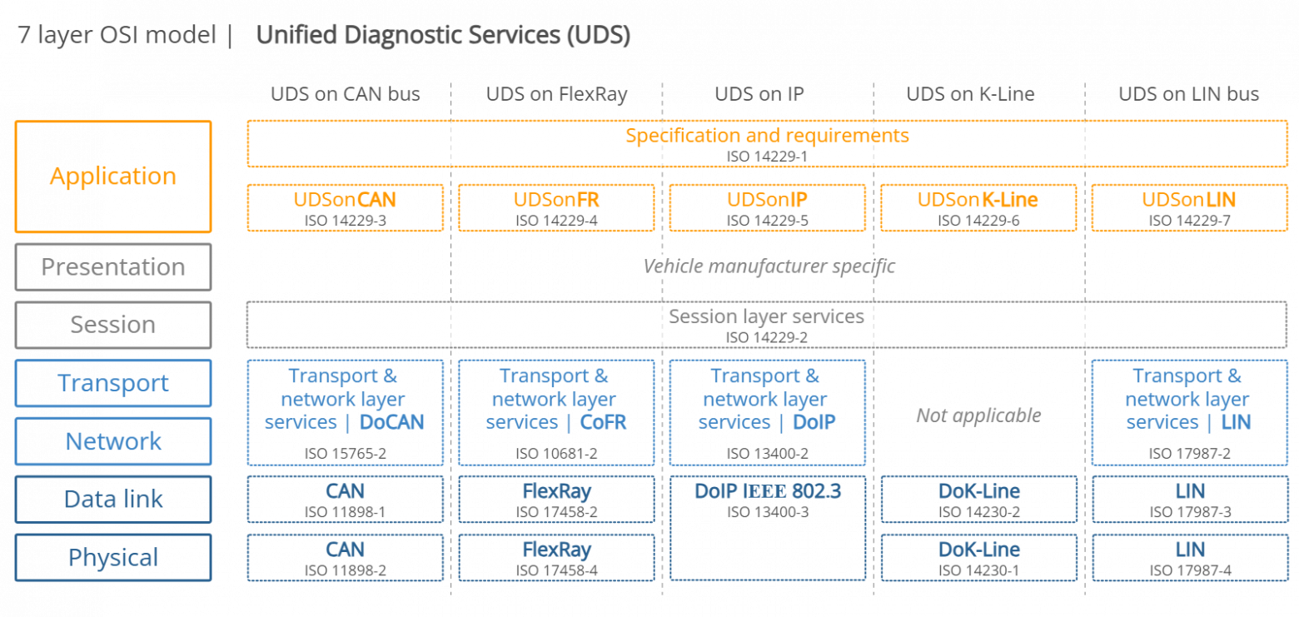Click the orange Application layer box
click(113, 177)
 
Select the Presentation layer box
click(113, 267)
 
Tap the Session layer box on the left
click(113, 325)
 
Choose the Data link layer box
click(113, 500)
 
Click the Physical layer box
click(113, 558)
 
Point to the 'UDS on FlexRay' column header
click(556, 94)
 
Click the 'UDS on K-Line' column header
click(970, 94)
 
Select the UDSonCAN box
click(345, 208)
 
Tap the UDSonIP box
click(767, 208)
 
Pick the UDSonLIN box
click(1189, 208)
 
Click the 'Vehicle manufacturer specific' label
click(769, 266)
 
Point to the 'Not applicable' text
click(978, 415)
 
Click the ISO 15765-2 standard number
click(345, 454)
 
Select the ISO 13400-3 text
click(767, 512)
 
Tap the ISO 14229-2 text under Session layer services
click(767, 337)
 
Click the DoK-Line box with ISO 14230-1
click(978, 558)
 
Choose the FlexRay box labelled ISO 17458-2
click(556, 500)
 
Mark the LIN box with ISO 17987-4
click(1189, 558)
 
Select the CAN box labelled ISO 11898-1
click(345, 500)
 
